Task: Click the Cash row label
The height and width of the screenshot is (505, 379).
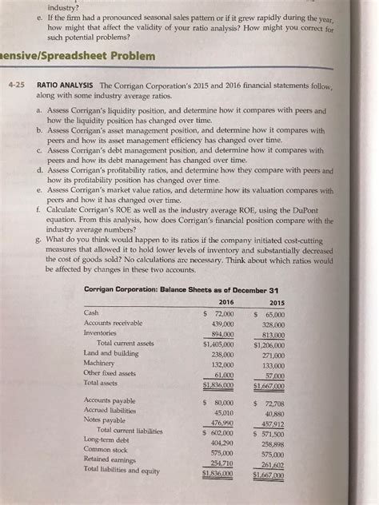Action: (x=92, y=312)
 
